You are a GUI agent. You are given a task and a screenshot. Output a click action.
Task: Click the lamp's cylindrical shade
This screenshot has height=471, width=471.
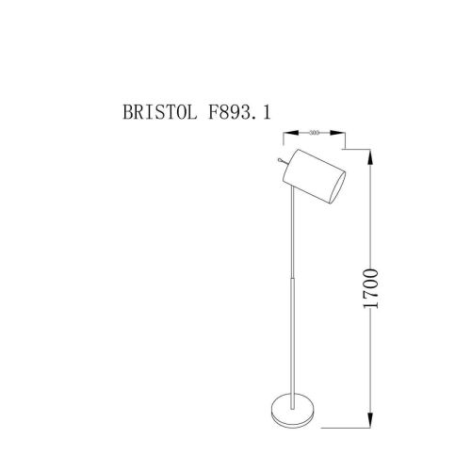(x=317, y=175)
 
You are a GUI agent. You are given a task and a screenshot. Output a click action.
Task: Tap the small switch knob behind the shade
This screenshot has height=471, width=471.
(x=280, y=162)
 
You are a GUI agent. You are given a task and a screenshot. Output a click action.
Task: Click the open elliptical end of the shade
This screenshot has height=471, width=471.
(x=335, y=185)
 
